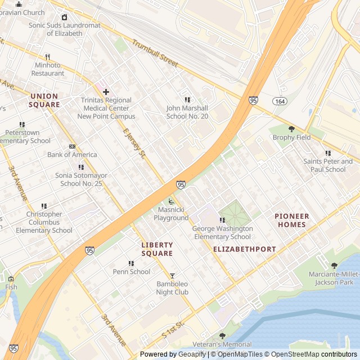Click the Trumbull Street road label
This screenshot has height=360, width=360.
[155, 54]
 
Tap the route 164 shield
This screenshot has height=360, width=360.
[280, 101]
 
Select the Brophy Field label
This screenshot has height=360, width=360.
[291, 137]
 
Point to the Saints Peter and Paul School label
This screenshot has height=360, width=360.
[325, 165]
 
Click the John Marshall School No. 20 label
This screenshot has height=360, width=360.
[187, 112]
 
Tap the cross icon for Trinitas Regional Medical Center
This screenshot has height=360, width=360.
[105, 92]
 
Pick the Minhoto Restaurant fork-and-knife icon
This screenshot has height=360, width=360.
[48, 57]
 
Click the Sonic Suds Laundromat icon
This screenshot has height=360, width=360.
[64, 17]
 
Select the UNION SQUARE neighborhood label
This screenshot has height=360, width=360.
[45, 100]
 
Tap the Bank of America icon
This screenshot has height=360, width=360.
[72, 146]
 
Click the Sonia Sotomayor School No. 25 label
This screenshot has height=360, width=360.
[81, 179]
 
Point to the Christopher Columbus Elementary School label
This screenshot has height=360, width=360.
[44, 222]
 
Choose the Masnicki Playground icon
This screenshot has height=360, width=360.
[171, 202]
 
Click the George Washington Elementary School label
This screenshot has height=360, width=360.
[222, 233]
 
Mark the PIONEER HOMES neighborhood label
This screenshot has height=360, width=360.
[291, 220]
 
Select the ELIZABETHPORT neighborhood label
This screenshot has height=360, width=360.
[245, 249]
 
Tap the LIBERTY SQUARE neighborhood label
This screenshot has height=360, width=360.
[157, 249]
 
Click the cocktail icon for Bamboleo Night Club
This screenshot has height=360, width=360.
[172, 276]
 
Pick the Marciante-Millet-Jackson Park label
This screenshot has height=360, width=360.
[334, 278]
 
